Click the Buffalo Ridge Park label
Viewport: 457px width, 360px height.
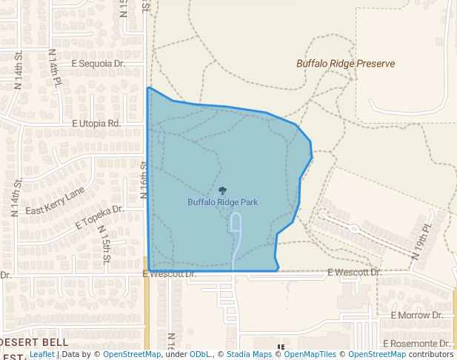(x=222, y=201)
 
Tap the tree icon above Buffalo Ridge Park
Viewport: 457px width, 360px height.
(x=223, y=191)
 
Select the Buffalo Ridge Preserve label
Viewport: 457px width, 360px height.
(x=345, y=64)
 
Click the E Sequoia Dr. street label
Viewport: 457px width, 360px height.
(x=99, y=64)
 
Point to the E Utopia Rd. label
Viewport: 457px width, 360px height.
(x=96, y=123)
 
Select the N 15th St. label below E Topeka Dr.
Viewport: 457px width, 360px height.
(x=105, y=244)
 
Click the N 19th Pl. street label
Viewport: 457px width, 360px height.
(x=421, y=241)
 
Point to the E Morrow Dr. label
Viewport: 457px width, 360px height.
(x=416, y=316)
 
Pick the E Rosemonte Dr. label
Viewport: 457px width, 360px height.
(x=417, y=344)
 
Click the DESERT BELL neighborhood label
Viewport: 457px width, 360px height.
(x=34, y=342)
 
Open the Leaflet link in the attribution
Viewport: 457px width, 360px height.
(x=41, y=355)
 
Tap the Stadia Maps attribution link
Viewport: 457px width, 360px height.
(x=248, y=355)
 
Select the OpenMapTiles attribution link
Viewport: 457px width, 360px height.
(x=307, y=355)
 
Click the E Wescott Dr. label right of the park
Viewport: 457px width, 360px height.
(x=353, y=273)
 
